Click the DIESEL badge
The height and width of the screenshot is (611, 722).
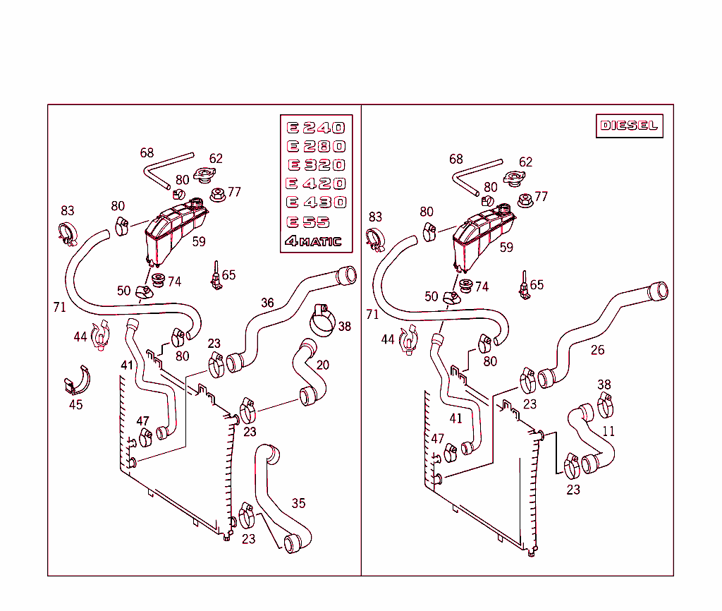pyautogui.click(x=629, y=126)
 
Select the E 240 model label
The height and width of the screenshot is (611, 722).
pyautogui.click(x=315, y=128)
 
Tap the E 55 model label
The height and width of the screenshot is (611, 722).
pyautogui.click(x=307, y=222)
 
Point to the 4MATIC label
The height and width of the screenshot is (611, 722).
pyautogui.click(x=313, y=241)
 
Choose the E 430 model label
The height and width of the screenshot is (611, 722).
pyautogui.click(x=315, y=202)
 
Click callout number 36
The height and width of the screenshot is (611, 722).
pyautogui.click(x=267, y=303)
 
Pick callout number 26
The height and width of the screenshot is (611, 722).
pyautogui.click(x=597, y=350)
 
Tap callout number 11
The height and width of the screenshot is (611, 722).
pyautogui.click(x=608, y=431)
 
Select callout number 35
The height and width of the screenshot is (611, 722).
pyautogui.click(x=298, y=503)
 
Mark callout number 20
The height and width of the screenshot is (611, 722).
pyautogui.click(x=322, y=365)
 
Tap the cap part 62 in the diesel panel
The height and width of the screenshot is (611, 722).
pyautogui.click(x=516, y=177)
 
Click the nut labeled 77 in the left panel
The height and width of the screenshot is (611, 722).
pyautogui.click(x=218, y=193)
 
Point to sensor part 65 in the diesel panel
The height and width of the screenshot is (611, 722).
pyautogui.click(x=524, y=286)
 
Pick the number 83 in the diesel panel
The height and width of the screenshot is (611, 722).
pyautogui.click(x=375, y=217)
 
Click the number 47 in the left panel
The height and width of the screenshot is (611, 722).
pyautogui.click(x=143, y=421)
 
